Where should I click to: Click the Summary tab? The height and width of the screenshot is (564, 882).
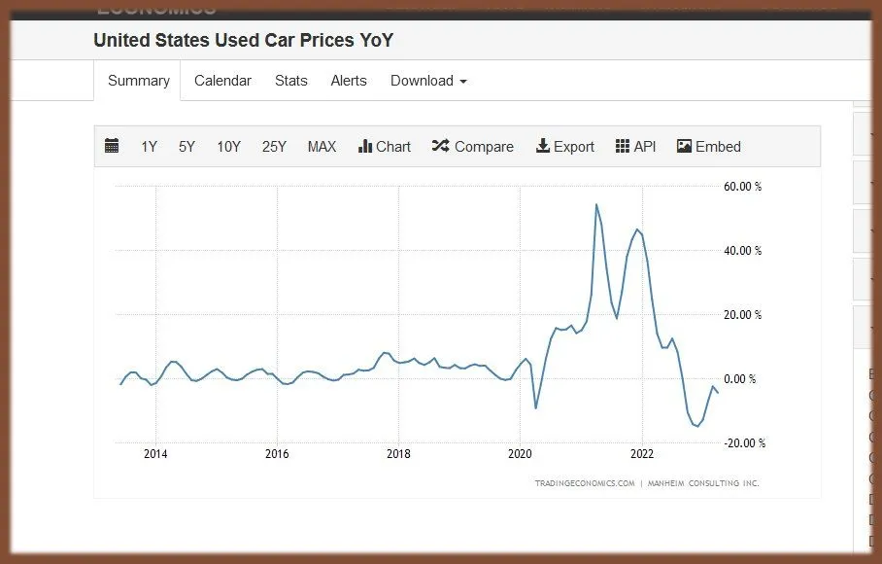pyautogui.click(x=139, y=81)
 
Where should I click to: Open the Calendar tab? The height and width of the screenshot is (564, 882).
pyautogui.click(x=222, y=81)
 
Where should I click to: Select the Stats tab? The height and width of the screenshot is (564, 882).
pyautogui.click(x=290, y=81)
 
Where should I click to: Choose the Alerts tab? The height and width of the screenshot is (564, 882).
pyautogui.click(x=349, y=81)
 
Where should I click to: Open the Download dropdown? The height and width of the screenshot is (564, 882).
pyautogui.click(x=428, y=81)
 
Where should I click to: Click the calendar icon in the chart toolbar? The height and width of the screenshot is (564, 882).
pyautogui.click(x=112, y=147)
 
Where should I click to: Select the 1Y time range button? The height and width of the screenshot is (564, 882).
pyautogui.click(x=149, y=147)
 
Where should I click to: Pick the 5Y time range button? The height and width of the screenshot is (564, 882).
pyautogui.click(x=187, y=147)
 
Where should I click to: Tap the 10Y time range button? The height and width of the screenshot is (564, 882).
pyautogui.click(x=228, y=147)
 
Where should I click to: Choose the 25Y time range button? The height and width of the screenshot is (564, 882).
pyautogui.click(x=274, y=147)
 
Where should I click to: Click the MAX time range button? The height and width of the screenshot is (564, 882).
pyautogui.click(x=322, y=147)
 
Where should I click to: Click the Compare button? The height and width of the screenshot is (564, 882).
pyautogui.click(x=473, y=147)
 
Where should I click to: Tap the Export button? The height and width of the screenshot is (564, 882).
pyautogui.click(x=565, y=147)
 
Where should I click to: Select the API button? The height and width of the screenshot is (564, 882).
pyautogui.click(x=636, y=147)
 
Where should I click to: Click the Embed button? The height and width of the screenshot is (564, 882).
pyautogui.click(x=709, y=147)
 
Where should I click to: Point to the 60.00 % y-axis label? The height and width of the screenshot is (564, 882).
pyautogui.click(x=743, y=187)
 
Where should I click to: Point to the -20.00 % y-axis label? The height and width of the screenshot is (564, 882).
pyautogui.click(x=744, y=443)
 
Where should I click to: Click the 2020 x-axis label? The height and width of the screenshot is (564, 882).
pyautogui.click(x=520, y=453)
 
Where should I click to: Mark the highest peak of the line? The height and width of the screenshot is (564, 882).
pyautogui.click(x=596, y=204)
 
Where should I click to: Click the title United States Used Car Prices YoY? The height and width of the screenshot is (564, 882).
pyautogui.click(x=243, y=41)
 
